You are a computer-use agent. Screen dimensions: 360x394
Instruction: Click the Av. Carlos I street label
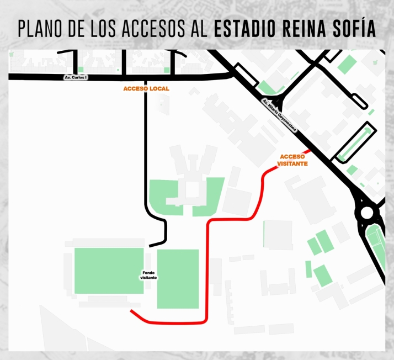tap(76, 77)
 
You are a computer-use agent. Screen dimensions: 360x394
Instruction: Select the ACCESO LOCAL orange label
tap(146, 89)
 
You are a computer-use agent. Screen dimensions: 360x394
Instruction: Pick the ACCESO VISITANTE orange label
tap(293, 160)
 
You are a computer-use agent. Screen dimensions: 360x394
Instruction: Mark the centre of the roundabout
tap(366, 213)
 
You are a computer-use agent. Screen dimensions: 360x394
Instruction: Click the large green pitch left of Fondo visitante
tap(109, 271)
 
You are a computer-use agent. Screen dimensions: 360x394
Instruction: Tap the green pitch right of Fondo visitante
tap(178, 279)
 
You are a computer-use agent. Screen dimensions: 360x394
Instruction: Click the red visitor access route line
tap(207, 265)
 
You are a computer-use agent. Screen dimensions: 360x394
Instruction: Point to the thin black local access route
tap(146, 149)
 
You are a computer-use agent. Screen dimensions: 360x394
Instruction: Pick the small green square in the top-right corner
tap(346, 63)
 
